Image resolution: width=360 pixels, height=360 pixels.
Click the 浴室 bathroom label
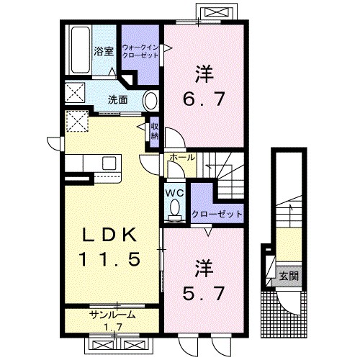click(x=104, y=51)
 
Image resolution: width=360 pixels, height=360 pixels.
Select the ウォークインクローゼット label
click(x=140, y=51)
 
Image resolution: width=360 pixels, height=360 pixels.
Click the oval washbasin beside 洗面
click(x=151, y=101)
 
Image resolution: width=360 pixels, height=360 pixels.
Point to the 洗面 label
click(x=117, y=100)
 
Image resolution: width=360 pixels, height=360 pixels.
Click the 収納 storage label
click(x=155, y=132)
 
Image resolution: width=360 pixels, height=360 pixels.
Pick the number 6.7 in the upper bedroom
click(x=204, y=99)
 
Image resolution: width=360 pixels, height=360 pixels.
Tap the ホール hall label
click(x=182, y=158)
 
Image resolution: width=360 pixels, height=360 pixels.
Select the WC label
click(x=176, y=193)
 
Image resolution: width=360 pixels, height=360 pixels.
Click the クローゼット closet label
click(x=217, y=214)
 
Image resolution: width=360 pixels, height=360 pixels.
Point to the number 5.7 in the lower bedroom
click(x=204, y=293)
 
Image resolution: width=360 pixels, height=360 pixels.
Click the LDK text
click(x=109, y=235)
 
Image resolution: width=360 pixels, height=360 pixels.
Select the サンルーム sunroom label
click(x=112, y=315)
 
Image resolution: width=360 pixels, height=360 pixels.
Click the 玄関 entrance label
click(x=289, y=276)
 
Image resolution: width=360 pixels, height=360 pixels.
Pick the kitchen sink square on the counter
click(x=109, y=163)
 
